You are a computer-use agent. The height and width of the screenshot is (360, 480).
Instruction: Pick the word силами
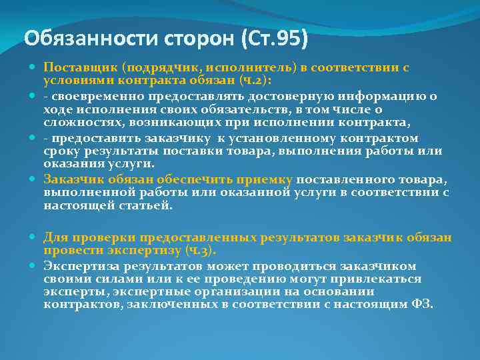coord(107,279)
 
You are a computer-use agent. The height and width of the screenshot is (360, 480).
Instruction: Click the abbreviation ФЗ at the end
coord(422,305)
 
